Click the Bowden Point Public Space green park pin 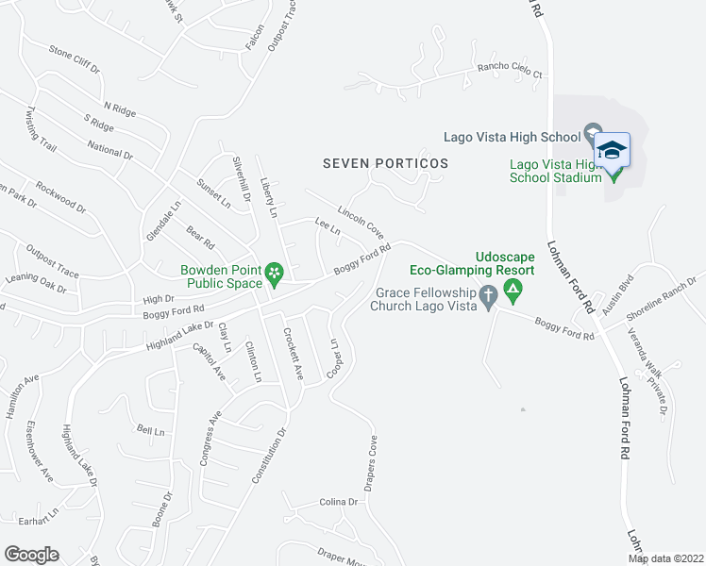pos(274,274)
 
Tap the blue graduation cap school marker pos(612,150)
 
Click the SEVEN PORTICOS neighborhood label pos(385,163)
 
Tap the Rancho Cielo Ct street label pos(510,73)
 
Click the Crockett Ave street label pos(292,354)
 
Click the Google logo pos(31,555)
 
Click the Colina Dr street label pos(339,502)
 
